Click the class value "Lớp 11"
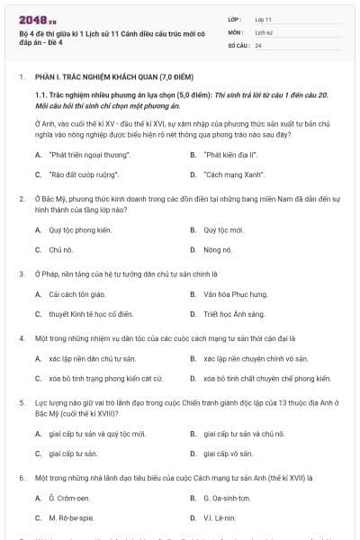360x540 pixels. [x=264, y=18]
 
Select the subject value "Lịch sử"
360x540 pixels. [x=263, y=31]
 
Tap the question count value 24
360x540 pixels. [x=258, y=44]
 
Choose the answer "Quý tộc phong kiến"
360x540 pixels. [x=80, y=229]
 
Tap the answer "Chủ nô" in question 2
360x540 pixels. [x=60, y=249]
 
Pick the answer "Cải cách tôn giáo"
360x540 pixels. [x=77, y=293]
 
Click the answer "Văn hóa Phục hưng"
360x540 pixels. [x=235, y=293]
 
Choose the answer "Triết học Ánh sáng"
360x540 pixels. [x=235, y=313]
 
